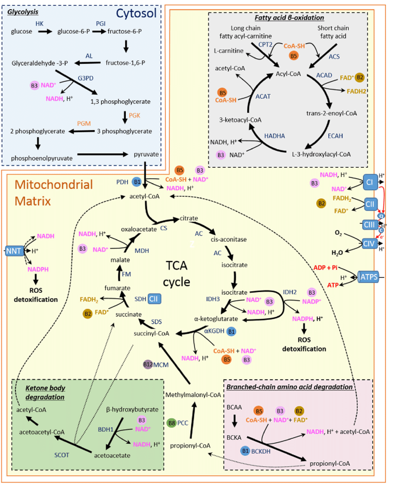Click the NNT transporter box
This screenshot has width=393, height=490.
pos(12,251)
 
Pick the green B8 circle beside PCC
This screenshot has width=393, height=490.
pos(171,422)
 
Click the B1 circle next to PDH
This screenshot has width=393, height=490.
pos(136,182)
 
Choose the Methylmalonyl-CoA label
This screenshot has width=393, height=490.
pos(191,394)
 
